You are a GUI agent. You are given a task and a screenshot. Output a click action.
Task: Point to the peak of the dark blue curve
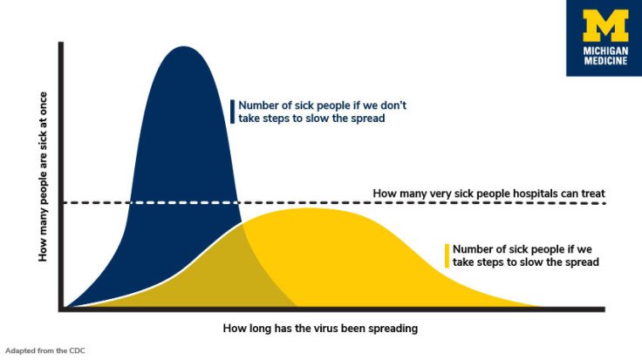182,47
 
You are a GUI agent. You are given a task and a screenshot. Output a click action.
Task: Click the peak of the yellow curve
305,209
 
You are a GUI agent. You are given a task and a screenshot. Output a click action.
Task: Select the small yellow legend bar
447,255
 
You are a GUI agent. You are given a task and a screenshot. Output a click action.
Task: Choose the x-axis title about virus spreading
320,329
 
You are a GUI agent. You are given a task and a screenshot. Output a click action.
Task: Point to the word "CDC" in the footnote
78,351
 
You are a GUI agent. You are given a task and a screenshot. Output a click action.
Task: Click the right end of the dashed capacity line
604,203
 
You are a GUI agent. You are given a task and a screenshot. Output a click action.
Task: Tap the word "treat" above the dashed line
591,193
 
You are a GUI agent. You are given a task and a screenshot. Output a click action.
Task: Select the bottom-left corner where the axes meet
61,309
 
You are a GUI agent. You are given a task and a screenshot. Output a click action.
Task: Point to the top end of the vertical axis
61,42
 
